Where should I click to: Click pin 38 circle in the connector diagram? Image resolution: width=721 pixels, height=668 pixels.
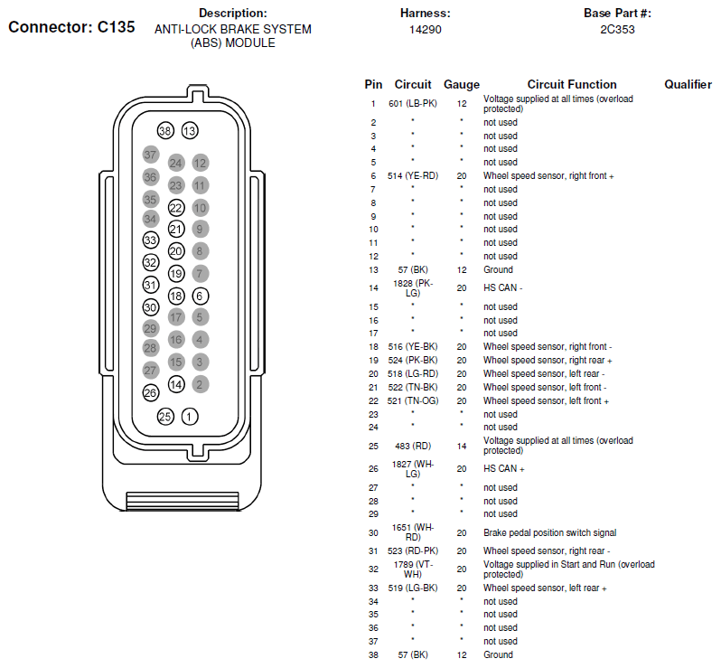[x=164, y=131]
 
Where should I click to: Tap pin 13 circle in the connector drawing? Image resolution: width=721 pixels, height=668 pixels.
[x=189, y=131]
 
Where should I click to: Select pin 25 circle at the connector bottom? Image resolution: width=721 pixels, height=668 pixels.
[x=164, y=417]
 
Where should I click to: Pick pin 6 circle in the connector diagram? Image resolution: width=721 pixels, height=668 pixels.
[x=201, y=296]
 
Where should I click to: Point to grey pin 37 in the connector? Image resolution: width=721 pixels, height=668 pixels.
[x=151, y=155]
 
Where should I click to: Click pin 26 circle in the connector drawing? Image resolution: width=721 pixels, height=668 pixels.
[x=151, y=392]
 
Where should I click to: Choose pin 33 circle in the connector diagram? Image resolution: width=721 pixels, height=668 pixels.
[x=151, y=240]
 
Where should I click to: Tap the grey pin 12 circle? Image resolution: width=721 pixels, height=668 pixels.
[x=201, y=163]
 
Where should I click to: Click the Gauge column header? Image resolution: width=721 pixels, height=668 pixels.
[x=462, y=84]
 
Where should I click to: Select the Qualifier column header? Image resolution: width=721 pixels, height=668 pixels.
[x=688, y=84]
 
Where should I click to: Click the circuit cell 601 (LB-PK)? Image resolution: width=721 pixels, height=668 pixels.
[x=413, y=104]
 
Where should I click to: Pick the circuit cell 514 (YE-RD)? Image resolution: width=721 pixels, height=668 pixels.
[x=413, y=175]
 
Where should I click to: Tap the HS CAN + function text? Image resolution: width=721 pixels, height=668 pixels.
[x=504, y=469]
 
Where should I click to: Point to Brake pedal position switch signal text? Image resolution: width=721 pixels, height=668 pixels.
[x=550, y=533]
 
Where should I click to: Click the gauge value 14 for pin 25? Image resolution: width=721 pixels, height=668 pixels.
[x=462, y=446]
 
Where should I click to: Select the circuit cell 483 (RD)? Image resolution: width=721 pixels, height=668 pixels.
[x=413, y=446]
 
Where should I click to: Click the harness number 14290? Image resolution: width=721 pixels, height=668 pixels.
[x=425, y=30]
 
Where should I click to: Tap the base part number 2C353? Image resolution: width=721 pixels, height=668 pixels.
[x=617, y=30]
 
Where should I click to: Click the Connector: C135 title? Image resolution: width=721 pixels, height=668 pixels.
[x=71, y=27]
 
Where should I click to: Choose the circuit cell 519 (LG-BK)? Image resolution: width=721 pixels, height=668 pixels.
[x=413, y=588]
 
